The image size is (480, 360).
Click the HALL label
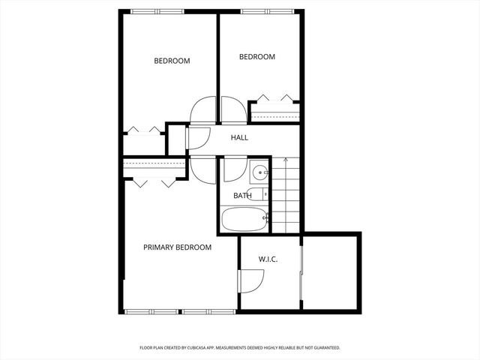(239, 137)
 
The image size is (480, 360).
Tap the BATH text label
(242, 196)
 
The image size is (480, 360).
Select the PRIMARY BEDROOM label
(178, 247)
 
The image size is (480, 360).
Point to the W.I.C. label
(268, 259)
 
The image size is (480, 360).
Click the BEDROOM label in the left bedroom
(172, 61)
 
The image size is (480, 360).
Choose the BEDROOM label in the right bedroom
(257, 56)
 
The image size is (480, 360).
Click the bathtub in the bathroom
(244, 220)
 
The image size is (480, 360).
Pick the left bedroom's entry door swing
(203, 110)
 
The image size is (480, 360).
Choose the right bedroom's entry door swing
(233, 110)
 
